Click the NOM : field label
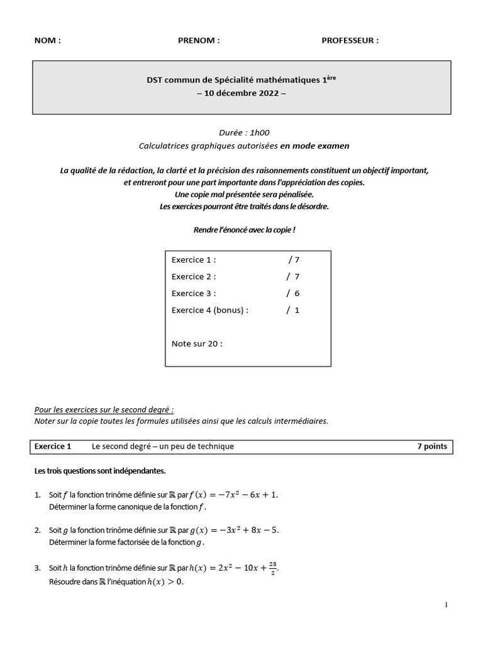click(x=48, y=41)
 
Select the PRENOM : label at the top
click(x=199, y=41)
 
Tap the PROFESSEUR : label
click(x=350, y=41)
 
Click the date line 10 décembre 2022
click(x=241, y=93)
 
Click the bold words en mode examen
click(x=314, y=146)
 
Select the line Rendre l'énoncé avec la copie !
click(x=244, y=230)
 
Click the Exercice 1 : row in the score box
click(x=194, y=260)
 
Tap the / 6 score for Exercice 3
click(x=292, y=293)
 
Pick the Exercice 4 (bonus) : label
click(x=210, y=310)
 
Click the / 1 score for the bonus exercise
click(x=292, y=310)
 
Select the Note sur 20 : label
click(x=197, y=343)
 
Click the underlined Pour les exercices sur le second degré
click(x=104, y=409)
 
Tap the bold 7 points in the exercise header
click(x=432, y=446)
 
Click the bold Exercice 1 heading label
click(x=53, y=446)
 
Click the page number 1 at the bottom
click(x=446, y=605)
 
